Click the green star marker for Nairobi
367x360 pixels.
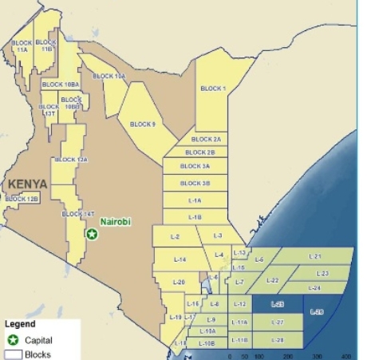[x=92, y=234]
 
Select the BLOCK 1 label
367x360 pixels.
[x=213, y=89]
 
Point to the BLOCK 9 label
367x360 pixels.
[x=142, y=124]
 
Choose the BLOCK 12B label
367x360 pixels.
[x=22, y=198]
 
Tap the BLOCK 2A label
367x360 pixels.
[x=206, y=139]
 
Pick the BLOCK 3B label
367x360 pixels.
[x=195, y=183]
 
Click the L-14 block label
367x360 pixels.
[x=180, y=259]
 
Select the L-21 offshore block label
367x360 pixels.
[x=314, y=256]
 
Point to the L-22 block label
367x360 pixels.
[x=272, y=280]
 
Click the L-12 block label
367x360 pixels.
[x=239, y=305]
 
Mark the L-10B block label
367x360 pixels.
[x=206, y=342]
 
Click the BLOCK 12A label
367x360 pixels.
[x=70, y=160]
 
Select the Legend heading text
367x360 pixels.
[x=19, y=325]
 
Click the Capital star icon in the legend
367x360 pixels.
[x=12, y=340]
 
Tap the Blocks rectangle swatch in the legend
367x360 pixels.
[x=12, y=354]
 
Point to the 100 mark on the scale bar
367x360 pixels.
[x=259, y=354]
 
